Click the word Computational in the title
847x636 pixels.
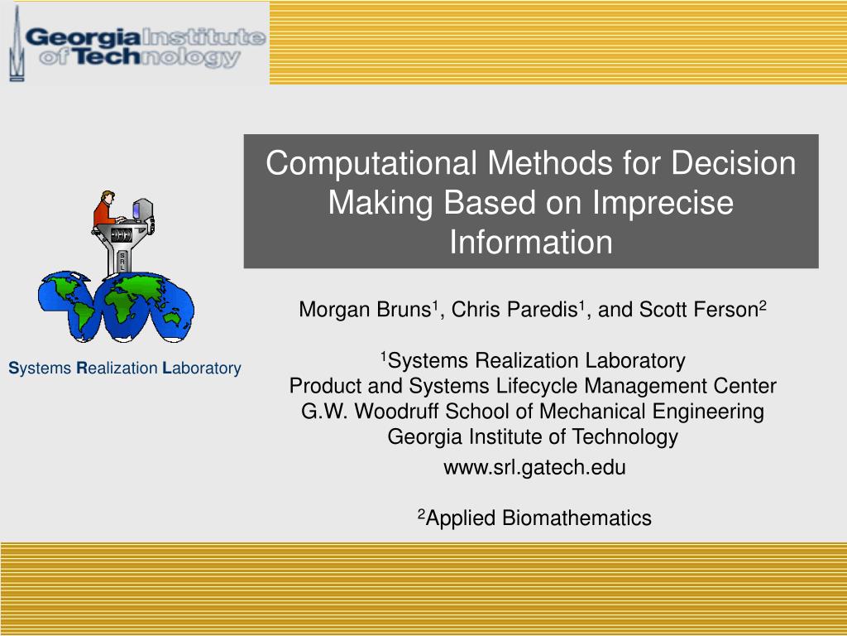point(371,163)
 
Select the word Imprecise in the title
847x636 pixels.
point(663,204)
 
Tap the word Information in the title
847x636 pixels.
point(531,242)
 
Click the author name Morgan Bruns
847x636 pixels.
point(365,310)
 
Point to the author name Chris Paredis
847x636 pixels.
point(514,310)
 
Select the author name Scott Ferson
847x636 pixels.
point(699,310)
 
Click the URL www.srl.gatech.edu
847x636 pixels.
point(534,467)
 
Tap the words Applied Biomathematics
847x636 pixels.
point(538,518)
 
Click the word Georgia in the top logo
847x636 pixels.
point(83,37)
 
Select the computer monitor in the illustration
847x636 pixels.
point(142,210)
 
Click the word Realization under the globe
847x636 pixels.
point(117,369)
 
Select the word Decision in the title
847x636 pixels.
point(734,163)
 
